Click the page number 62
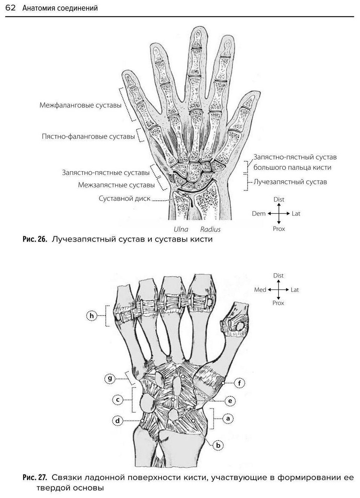10,8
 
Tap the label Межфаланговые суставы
80,105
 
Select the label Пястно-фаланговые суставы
88,136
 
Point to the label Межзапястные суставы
116,185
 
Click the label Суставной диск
124,199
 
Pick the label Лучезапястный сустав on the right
290,182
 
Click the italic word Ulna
181,229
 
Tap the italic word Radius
210,229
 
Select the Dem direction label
259,214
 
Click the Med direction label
260,290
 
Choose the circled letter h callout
92,316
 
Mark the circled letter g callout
110,378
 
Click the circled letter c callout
117,400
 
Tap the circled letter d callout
117,421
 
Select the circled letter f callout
239,383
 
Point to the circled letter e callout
230,401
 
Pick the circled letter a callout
228,418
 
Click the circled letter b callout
218,445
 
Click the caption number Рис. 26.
35,239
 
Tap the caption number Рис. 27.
35,477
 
